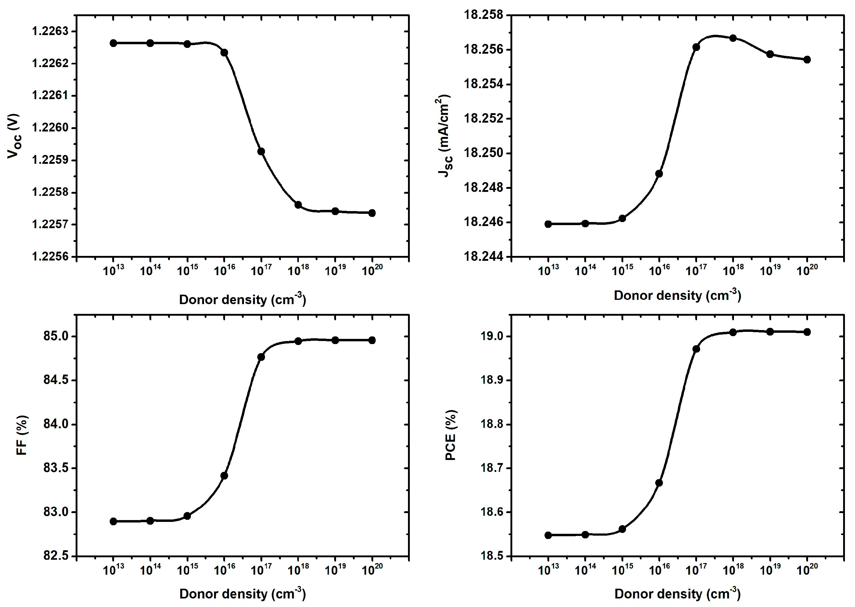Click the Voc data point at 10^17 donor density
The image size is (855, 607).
(261, 151)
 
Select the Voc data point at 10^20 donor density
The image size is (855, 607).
(372, 213)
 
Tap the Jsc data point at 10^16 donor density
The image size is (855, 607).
(659, 174)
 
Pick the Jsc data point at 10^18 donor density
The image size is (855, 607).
(733, 38)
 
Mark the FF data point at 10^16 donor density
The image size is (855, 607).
(224, 476)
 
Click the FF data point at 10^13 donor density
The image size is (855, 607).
(114, 521)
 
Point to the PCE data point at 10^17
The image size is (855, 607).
(696, 349)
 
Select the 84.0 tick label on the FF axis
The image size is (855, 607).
(56, 424)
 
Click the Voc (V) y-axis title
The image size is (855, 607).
(14, 136)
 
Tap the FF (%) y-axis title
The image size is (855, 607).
(22, 435)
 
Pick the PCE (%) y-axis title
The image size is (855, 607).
(451, 435)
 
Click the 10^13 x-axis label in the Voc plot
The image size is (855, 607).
(114, 270)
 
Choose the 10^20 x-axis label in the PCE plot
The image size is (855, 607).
(807, 569)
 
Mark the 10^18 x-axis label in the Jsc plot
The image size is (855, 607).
(733, 270)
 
